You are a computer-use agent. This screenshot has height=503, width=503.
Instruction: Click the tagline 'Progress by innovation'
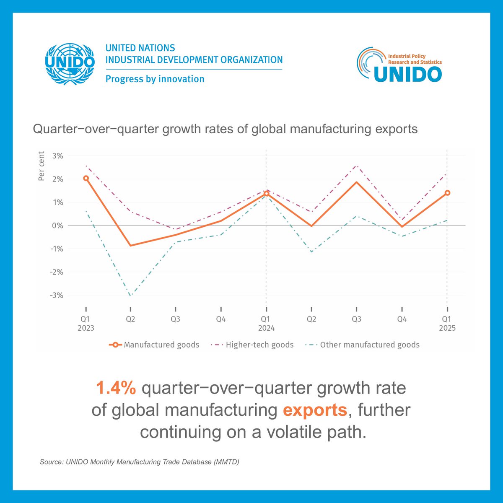[x=155, y=79]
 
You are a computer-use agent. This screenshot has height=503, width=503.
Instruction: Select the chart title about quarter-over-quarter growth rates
[x=225, y=129]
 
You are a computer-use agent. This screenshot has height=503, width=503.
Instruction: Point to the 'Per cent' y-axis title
[x=41, y=166]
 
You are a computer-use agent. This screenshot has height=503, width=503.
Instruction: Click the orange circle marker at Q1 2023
[x=86, y=178]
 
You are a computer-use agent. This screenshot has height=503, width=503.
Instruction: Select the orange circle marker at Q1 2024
[x=266, y=193]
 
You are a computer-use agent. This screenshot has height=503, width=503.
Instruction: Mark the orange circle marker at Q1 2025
[x=447, y=193]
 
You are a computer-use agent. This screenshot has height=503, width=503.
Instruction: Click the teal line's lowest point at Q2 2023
[x=131, y=296]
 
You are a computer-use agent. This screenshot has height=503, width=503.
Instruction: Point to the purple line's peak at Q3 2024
[x=357, y=166]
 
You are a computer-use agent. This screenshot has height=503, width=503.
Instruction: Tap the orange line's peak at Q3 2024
[x=357, y=182]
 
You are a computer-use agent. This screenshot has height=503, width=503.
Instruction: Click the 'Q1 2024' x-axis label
[x=266, y=324]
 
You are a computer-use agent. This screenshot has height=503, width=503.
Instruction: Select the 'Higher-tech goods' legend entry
[x=253, y=345]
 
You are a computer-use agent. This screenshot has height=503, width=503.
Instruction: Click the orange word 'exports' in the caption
[x=315, y=410]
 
